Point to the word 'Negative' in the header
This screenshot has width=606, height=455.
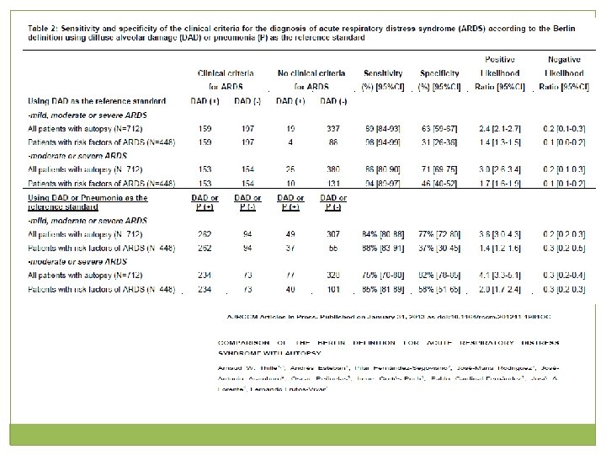(x=564, y=59)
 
